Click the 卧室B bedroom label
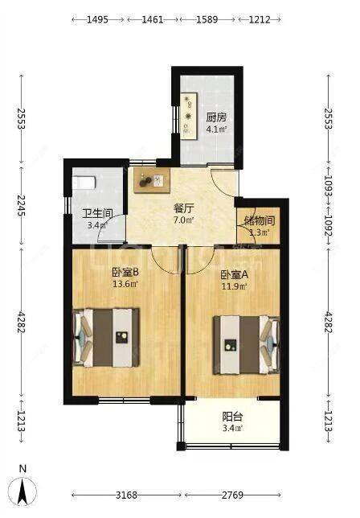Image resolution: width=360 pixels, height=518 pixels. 125,272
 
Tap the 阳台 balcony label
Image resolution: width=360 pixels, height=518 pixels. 232,417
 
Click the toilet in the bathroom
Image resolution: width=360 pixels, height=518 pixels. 84,183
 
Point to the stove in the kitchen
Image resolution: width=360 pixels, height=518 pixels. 190,112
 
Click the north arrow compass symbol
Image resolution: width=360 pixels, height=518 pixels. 24,487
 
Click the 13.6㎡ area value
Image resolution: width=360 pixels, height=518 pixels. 125,283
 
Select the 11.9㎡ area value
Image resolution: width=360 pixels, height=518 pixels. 234,285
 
